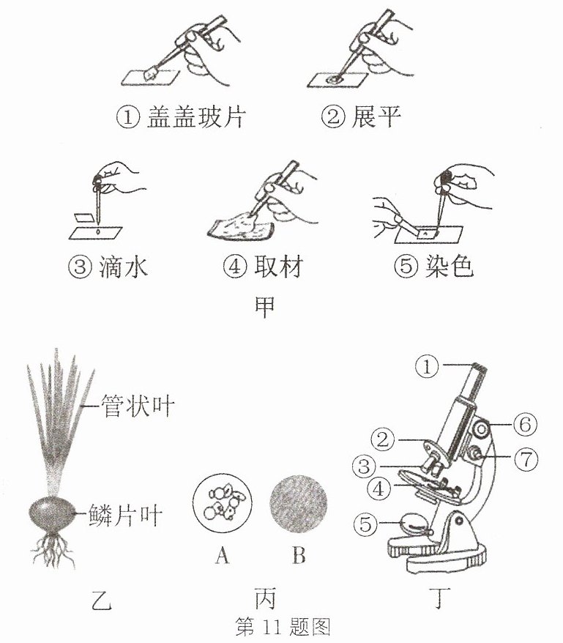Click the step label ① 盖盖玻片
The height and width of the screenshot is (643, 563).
pyautogui.click(x=180, y=117)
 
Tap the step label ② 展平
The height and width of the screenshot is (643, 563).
pyautogui.click(x=360, y=116)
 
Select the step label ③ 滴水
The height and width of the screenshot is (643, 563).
pyautogui.click(x=108, y=267)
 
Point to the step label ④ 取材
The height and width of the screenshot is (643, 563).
pyautogui.click(x=263, y=267)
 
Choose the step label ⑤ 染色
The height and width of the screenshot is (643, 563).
pyautogui.click(x=433, y=267)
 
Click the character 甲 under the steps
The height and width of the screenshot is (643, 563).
pyautogui.click(x=264, y=307)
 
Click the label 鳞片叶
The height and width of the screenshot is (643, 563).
pyautogui.click(x=125, y=515)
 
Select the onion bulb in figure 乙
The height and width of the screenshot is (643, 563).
pyautogui.click(x=52, y=513)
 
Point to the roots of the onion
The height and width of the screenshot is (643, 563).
pyautogui.click(x=53, y=549)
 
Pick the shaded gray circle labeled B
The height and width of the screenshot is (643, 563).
pyautogui.click(x=299, y=504)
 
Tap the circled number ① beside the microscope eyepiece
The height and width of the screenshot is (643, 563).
pyautogui.click(x=426, y=366)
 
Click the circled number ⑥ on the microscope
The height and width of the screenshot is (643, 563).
pyautogui.click(x=525, y=424)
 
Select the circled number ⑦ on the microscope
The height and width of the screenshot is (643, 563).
pyautogui.click(x=526, y=458)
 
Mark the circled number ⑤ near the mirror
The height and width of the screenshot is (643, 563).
pyautogui.click(x=365, y=524)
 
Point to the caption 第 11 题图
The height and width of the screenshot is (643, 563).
pyautogui.click(x=283, y=626)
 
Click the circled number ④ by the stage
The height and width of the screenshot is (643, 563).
pyautogui.click(x=379, y=488)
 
